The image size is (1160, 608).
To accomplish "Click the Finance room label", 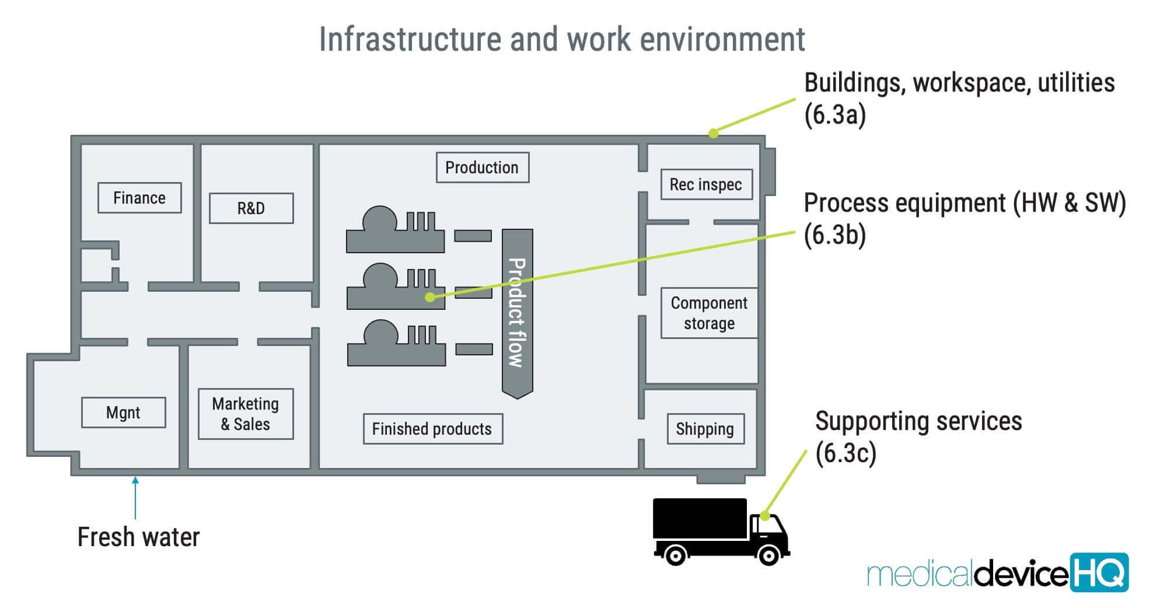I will pos(139,198).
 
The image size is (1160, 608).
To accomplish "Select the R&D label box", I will pos(251,208).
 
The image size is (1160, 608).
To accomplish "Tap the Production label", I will pos(482,167).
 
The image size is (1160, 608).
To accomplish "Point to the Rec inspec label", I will pos(706,184).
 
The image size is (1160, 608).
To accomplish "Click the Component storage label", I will pos(709,313).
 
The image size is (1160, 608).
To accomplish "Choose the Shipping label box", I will pos(705,429).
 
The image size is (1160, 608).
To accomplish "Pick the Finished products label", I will pos(432,429).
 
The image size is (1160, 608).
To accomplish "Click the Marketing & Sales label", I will pos(246,414).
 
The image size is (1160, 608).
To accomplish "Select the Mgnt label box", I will pos(123,413).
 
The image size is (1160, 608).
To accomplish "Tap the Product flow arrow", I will pos(517,313).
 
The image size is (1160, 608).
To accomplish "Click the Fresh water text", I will pos(138,537).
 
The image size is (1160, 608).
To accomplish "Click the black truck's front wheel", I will pos(768,554).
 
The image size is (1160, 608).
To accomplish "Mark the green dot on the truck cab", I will pos(764,516).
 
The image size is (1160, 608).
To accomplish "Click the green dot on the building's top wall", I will pos(713,133).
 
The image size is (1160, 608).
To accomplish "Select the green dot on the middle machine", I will pos(430,297).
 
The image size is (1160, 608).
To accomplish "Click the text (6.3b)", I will pos(834,235).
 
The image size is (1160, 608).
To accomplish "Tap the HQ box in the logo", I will pos(1099,572).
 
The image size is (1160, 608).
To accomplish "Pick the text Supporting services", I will pos(918,421).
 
